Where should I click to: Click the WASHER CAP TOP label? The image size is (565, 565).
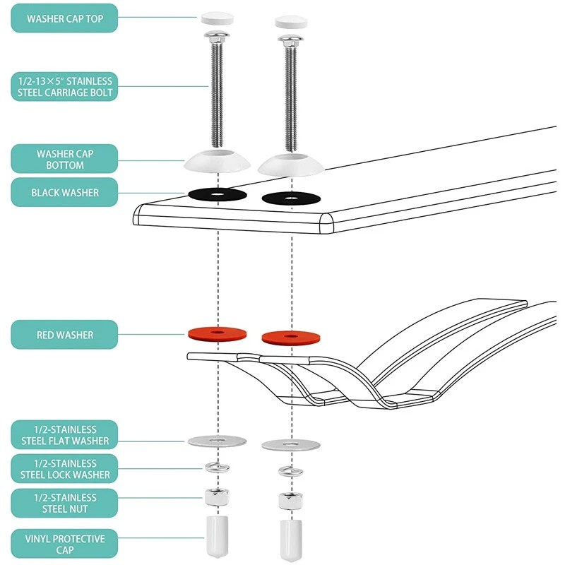(x=64, y=18)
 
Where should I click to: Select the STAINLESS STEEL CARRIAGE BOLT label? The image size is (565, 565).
(x=64, y=87)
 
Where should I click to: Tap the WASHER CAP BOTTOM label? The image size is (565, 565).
(x=64, y=159)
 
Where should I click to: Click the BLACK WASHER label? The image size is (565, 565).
(x=64, y=192)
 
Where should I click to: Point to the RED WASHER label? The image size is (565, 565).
(x=64, y=335)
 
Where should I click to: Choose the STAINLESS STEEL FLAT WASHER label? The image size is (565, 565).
(x=64, y=435)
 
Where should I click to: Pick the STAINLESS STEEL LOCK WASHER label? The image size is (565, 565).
(x=64, y=469)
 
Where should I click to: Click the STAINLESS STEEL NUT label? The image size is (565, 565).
(x=64, y=503)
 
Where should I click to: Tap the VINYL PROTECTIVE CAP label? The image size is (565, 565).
(x=64, y=545)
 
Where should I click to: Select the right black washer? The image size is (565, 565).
(x=291, y=198)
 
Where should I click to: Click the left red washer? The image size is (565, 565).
(x=218, y=331)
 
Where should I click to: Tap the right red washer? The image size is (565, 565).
(x=291, y=338)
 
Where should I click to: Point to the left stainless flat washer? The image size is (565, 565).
(x=218, y=441)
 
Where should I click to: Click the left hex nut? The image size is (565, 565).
(x=216, y=496)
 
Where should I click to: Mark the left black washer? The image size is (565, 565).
(x=218, y=194)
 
